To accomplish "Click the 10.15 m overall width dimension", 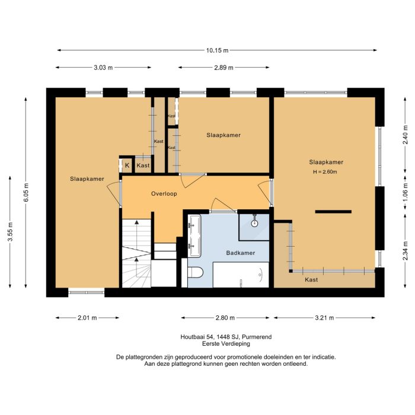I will (217, 50).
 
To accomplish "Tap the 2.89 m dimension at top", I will (224, 68).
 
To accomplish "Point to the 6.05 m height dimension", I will (25, 193).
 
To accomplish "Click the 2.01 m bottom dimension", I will (87, 318).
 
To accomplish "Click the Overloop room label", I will (164, 193).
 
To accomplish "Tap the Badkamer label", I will (241, 253).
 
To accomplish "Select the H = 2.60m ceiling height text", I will (325, 172).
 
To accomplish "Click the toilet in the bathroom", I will (194, 273).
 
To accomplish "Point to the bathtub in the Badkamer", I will (241, 275).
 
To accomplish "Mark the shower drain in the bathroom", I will (254, 224).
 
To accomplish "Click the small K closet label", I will (127, 165).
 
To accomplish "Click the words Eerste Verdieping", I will (226, 344).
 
